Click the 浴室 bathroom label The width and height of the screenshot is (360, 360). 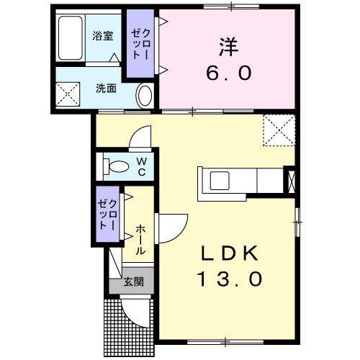[x=103, y=36]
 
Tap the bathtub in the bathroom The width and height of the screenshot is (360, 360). [x=70, y=37]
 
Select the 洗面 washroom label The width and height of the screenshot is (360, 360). [x=106, y=89]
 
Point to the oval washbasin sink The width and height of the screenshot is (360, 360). [x=145, y=96]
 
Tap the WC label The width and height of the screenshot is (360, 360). [x=142, y=166]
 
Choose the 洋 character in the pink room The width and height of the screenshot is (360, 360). [x=228, y=47]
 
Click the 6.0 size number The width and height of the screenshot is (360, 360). [x=229, y=73]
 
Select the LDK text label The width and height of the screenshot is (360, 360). [x=230, y=253]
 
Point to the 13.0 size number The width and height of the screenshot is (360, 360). [x=230, y=279]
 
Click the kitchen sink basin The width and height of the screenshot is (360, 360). [x=220, y=181]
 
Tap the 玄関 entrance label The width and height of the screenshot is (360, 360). [x=134, y=282]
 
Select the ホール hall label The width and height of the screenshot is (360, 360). [x=140, y=240]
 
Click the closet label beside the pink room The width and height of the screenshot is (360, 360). [x=140, y=45]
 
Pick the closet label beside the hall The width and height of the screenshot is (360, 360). [x=107, y=215]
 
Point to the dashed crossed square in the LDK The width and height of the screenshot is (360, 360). [x=279, y=130]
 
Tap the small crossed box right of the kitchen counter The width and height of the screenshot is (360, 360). [x=291, y=181]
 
